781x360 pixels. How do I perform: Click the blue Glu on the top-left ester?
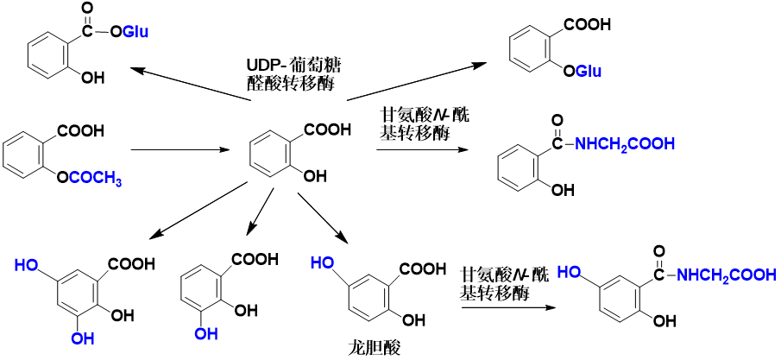pos(135,33)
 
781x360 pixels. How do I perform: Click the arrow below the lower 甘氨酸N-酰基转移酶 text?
pos(506,305)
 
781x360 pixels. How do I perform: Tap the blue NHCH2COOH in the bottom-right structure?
pos(726,275)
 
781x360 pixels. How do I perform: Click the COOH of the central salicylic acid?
pos(327,130)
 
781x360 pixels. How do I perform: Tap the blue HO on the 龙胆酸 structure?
pos(323,262)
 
